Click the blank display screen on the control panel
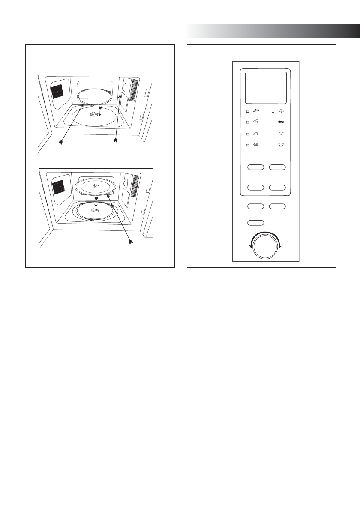(266, 87)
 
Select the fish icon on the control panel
(281, 111)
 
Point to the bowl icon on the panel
(281, 134)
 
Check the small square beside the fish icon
(273, 111)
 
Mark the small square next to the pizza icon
(247, 111)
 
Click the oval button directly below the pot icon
(277, 167)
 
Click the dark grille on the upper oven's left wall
(57, 91)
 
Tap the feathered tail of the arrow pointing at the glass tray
(131, 243)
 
